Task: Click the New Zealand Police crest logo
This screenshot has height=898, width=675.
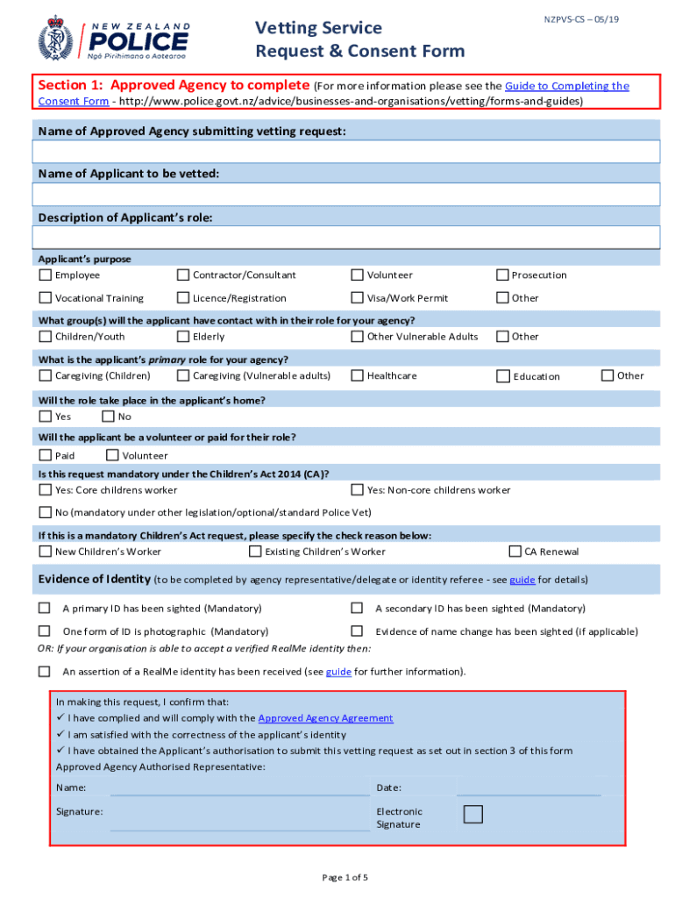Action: point(55,38)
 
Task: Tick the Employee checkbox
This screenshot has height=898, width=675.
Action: point(45,274)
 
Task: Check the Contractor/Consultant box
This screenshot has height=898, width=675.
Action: point(183,274)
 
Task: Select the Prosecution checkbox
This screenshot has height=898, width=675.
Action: point(502,274)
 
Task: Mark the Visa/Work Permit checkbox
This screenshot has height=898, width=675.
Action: point(358,297)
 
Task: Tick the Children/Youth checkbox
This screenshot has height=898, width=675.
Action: point(45,336)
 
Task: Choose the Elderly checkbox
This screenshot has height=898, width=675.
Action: point(183,336)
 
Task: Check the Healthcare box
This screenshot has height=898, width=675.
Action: point(358,375)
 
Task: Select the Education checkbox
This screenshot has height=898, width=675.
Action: point(502,376)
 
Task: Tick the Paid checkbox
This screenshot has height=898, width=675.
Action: point(45,455)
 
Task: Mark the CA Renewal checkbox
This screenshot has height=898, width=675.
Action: point(515,552)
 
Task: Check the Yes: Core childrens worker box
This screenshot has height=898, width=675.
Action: point(45,489)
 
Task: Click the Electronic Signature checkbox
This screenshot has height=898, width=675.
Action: point(472,814)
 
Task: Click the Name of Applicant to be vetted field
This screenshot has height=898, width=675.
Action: point(345,194)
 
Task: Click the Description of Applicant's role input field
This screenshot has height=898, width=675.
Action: point(345,238)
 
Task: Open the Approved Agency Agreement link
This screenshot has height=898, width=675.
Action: point(325,718)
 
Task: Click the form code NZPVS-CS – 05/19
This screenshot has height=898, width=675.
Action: point(581,19)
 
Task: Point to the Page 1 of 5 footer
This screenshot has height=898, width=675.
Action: point(345,877)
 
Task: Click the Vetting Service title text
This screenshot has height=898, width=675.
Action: point(318,28)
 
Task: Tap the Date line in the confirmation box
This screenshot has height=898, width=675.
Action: point(529,788)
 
